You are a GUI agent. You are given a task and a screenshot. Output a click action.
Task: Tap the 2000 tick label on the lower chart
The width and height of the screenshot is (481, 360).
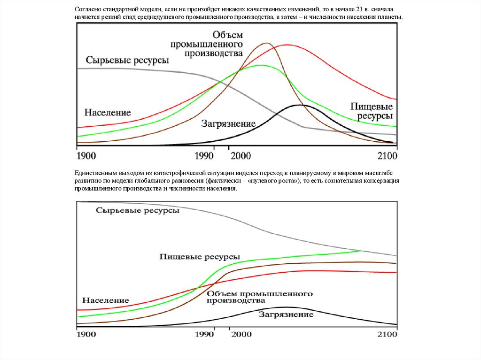(241, 335)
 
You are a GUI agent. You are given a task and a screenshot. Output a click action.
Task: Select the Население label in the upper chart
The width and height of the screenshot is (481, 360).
(108, 113)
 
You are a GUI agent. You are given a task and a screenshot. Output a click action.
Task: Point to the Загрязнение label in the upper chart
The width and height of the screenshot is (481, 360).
(228, 124)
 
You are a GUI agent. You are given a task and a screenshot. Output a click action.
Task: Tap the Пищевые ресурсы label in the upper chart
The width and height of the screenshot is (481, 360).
(372, 111)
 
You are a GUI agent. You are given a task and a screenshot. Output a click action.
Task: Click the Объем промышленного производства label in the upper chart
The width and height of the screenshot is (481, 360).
(227, 44)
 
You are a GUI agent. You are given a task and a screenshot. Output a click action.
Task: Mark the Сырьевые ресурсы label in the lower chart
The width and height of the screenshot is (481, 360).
(138, 211)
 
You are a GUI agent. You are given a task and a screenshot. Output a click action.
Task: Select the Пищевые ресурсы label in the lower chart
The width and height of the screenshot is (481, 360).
(200, 257)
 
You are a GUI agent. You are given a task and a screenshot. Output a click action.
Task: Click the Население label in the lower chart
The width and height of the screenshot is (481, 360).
(105, 300)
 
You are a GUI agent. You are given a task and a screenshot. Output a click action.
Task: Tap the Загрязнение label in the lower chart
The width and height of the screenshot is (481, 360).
(286, 314)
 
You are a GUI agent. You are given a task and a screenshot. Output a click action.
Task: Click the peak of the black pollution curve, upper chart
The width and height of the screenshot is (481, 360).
(300, 105)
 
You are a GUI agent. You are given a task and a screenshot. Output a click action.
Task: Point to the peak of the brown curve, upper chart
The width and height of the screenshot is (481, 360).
(266, 43)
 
